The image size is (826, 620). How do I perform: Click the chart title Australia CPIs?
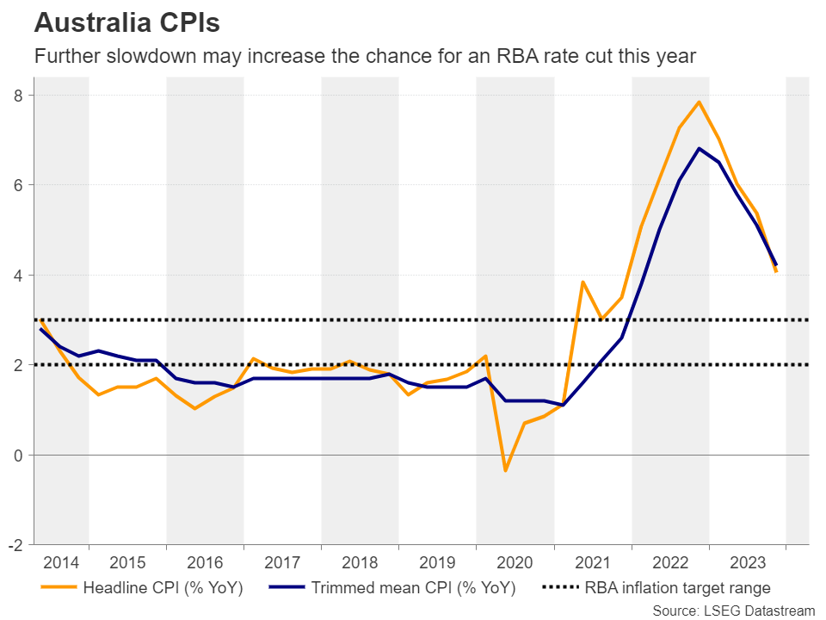pos(126,22)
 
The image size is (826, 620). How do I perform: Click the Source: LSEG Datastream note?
pos(733,611)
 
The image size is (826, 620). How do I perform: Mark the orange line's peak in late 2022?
pos(699,102)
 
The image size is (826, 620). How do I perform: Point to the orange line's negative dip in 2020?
pos(505,470)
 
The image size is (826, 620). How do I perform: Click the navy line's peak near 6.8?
pos(699,148)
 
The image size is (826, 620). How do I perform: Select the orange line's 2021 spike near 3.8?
pos(583,282)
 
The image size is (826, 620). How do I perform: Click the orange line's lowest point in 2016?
pos(195,408)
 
